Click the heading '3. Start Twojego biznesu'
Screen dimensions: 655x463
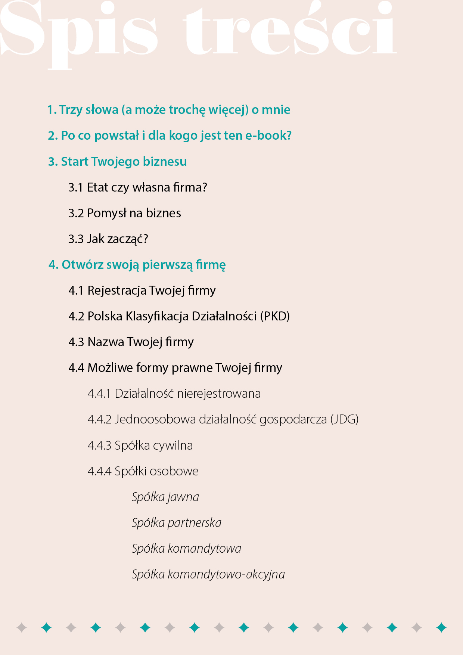pos(117,162)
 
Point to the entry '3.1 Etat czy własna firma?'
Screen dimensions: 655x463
pos(137,187)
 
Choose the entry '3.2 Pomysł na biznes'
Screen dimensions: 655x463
pos(124,213)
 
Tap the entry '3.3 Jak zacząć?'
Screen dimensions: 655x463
pos(108,239)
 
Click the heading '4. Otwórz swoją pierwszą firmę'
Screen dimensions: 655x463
pos(137,265)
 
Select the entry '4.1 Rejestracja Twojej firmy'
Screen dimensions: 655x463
pos(142,291)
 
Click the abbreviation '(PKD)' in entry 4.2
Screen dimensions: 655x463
pos(275,316)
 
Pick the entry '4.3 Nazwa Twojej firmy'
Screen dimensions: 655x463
pos(131,342)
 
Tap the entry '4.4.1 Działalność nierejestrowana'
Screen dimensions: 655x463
pos(174,394)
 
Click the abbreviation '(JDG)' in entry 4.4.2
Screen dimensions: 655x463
pos(344,419)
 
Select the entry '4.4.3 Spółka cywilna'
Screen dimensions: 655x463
pos(140,446)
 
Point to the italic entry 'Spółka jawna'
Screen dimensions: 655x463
pos(165,497)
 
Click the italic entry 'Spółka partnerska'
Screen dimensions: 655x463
pos(176,523)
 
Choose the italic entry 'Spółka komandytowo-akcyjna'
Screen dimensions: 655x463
pos(208,574)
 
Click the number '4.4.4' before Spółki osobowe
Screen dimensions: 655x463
pos(99,471)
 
